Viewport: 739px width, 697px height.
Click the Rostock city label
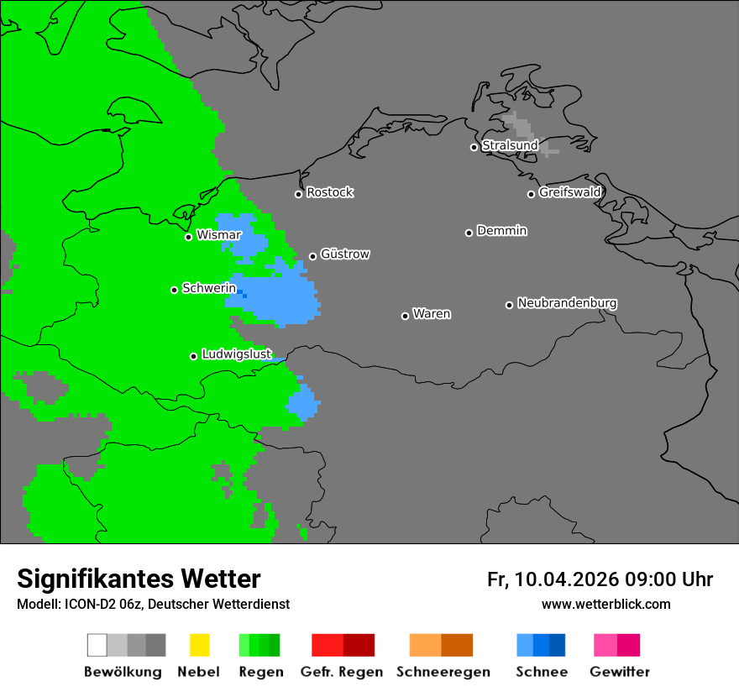coord(329,192)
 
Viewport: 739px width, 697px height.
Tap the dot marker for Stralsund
coord(474,147)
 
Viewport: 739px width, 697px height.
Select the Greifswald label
coord(569,192)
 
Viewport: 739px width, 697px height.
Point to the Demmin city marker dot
coord(469,233)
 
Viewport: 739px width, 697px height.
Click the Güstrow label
coord(344,254)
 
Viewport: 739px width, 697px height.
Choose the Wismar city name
coord(218,235)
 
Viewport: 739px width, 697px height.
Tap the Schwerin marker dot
coord(174,290)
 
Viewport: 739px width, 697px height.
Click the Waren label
coord(432,314)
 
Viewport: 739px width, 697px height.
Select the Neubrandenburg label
coord(567,303)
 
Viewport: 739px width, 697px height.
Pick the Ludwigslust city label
coord(236,354)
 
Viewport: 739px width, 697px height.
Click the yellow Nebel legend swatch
coord(199,645)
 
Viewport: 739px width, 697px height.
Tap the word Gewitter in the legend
coord(619,672)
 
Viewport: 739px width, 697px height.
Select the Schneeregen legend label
coord(443,672)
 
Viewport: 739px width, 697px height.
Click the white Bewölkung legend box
coord(97,645)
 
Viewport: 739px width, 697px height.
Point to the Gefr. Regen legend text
coord(341,672)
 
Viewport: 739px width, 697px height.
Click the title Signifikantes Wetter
coord(139,579)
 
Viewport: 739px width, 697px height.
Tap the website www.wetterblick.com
coord(605,604)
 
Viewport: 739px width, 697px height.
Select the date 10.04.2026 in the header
coord(566,579)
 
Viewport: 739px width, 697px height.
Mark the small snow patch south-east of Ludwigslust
coord(304,403)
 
